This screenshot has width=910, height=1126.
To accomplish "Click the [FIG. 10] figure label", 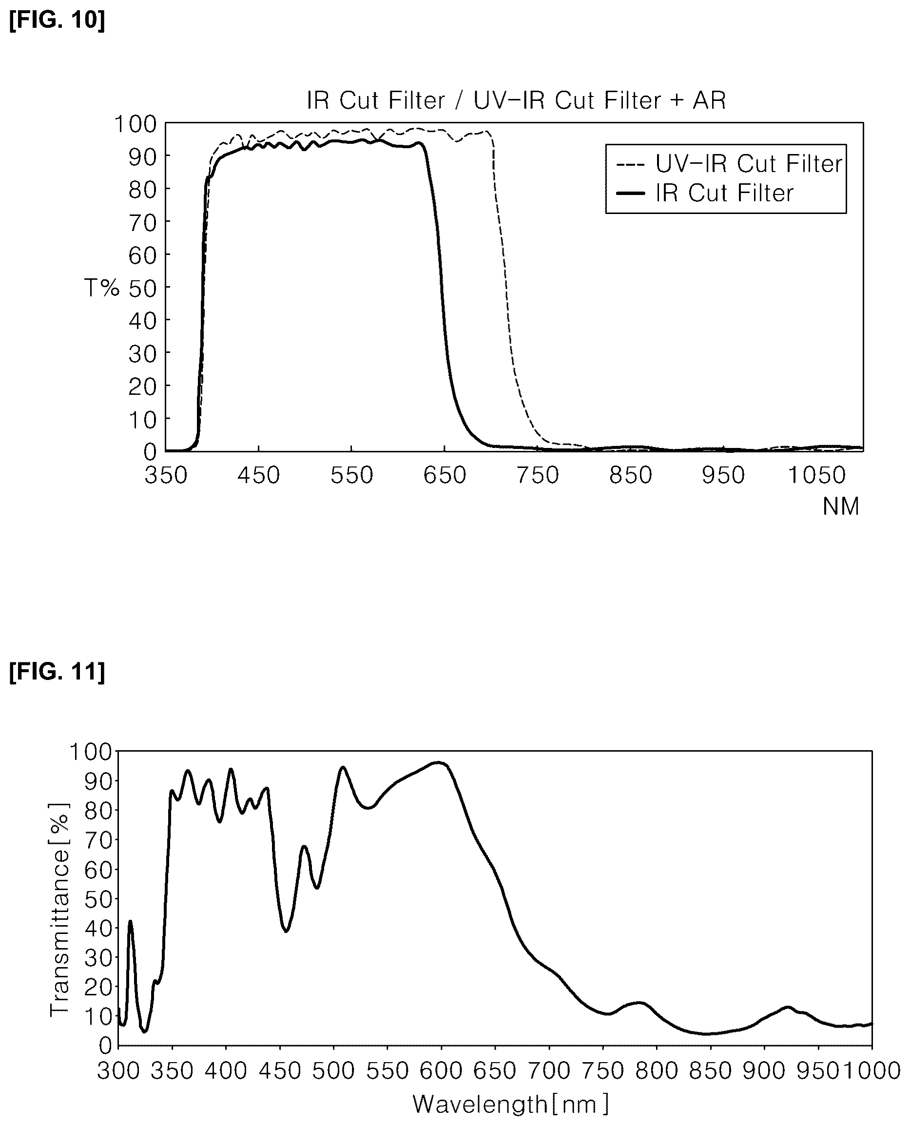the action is tap(57, 20).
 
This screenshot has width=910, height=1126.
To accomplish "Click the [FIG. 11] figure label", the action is tap(57, 672).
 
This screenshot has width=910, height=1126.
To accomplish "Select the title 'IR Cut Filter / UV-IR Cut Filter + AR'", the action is tap(516, 100).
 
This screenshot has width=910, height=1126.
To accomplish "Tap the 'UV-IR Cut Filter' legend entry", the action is tap(729, 164).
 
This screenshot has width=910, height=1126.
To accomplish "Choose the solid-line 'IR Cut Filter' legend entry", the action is tap(705, 194).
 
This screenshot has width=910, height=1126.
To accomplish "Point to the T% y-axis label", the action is tap(102, 288).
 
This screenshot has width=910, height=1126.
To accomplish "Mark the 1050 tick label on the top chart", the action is tap(817, 475).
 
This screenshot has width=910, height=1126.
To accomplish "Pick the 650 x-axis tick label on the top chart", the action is tap(445, 475).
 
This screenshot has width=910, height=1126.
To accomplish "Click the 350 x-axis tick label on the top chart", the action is tap(166, 475).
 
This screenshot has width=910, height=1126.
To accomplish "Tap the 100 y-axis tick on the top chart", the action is tap(135, 124).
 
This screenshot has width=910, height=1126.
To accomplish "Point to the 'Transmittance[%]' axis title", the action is tap(59, 910).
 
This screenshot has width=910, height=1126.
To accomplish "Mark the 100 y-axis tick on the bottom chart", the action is tap(91, 752).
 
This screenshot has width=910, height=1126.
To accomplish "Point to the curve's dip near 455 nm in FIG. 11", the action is tap(286, 931).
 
